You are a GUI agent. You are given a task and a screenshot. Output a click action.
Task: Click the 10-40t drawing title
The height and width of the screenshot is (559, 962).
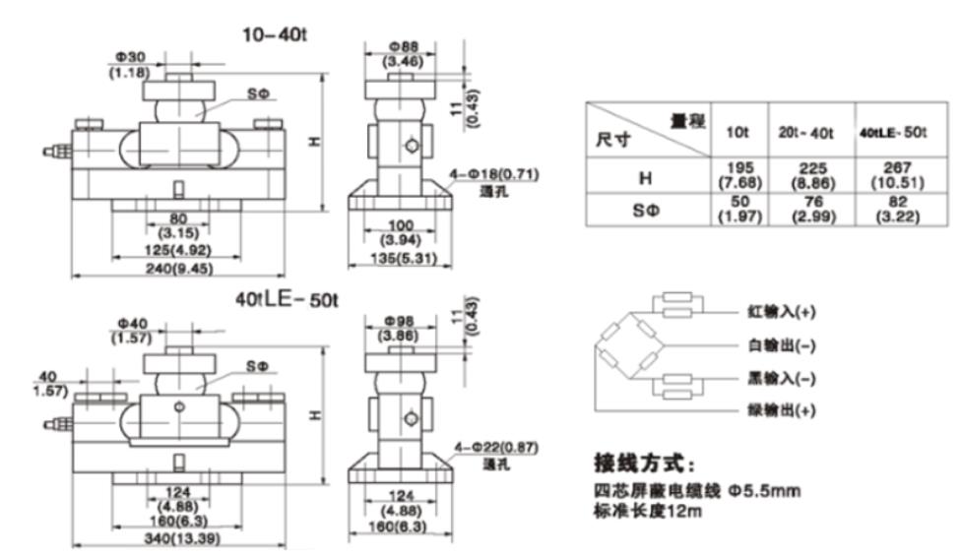point(276,34)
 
